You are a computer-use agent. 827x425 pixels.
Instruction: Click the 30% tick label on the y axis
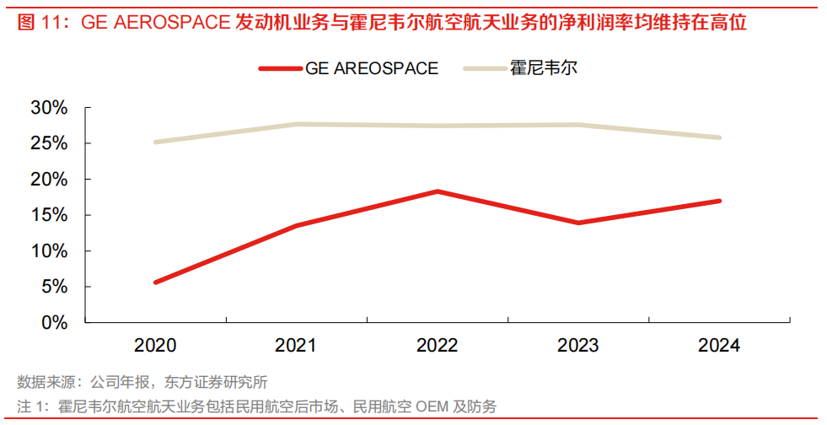point(48,108)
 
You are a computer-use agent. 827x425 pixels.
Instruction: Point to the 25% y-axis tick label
point(48,143)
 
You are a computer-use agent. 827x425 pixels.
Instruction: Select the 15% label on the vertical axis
point(48,215)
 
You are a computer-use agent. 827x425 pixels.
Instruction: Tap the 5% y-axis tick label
point(53,287)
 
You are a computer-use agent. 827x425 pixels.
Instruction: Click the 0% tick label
point(53,322)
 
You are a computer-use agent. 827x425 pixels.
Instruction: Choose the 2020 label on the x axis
point(155,347)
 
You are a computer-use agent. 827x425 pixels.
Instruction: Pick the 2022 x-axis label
point(438,347)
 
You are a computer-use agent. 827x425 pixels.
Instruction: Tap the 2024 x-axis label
point(719,347)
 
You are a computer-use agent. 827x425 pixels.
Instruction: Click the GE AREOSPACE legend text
point(372,68)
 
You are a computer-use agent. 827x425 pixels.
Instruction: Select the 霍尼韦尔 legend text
point(544,68)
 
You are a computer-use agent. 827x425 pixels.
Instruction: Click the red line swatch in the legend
point(279,68)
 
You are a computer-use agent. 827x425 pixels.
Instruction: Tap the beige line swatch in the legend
point(485,68)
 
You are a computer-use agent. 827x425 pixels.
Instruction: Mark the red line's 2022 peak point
point(438,191)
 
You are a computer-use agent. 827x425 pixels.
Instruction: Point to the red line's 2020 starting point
point(156,282)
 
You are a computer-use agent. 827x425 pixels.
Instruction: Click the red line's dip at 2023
point(578,223)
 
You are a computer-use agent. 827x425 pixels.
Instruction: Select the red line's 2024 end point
point(719,201)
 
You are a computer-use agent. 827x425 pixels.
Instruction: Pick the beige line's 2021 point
point(297,124)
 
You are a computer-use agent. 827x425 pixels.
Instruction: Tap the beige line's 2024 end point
point(719,137)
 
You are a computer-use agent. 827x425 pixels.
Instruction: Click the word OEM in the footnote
point(430,406)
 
